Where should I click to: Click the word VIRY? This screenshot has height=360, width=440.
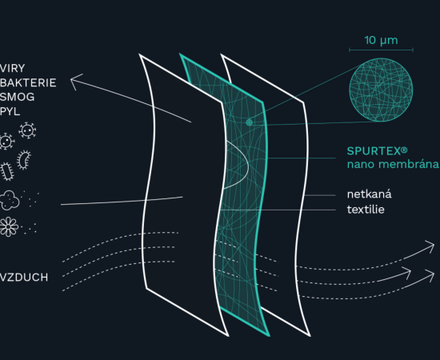coord(13,68)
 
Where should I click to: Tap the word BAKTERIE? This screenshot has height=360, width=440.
coord(28,82)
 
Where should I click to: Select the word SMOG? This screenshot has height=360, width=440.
coord(17,97)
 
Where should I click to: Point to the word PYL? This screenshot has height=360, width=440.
coord(10,111)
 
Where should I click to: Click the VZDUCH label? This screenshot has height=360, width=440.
coord(24,278)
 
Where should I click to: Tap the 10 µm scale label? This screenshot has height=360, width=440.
coord(381,41)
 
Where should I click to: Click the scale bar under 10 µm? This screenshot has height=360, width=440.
coord(381,50)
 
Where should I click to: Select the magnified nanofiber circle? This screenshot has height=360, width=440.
coord(381,90)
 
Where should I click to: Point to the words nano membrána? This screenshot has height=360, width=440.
coord(393,164)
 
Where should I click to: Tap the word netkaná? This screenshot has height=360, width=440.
coord(370,194)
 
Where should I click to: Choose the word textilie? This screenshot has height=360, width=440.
coord(366,210)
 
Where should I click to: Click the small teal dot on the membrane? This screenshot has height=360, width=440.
coord(249,122)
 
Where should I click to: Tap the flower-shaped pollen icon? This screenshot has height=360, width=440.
coord(9,226)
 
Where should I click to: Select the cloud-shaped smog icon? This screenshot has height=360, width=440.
coord(10,200)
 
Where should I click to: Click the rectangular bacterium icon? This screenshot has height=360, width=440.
coord(7,171)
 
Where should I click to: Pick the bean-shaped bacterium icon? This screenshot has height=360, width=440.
coord(24,160)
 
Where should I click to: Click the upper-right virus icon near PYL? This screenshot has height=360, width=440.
coord(27,130)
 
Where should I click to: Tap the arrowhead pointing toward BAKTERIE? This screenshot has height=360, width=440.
coord(74,81)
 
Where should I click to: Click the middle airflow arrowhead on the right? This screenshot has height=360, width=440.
coord(407,272)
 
